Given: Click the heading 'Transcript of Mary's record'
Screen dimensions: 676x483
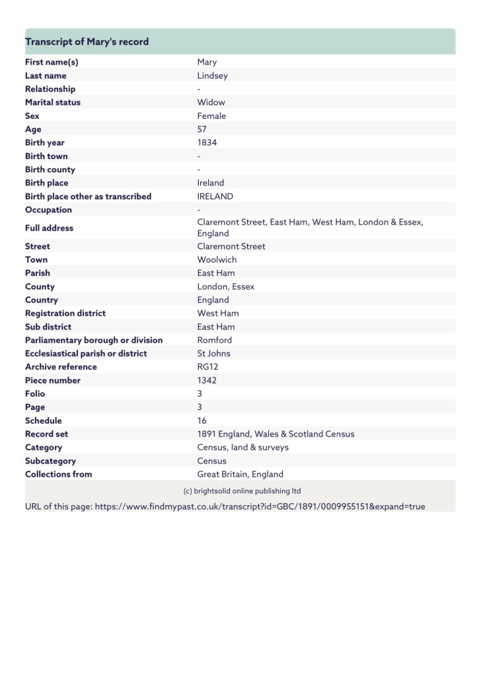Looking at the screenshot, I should pos(87,42).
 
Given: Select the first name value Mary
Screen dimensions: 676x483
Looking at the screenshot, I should pos(207,62).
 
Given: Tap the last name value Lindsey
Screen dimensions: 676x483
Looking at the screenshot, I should pos(212,75).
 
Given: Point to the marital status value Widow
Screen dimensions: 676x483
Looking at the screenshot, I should pos(211,102).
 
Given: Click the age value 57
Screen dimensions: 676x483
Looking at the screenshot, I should pos(202,129).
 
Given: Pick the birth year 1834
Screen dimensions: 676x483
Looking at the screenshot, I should pos(207,143).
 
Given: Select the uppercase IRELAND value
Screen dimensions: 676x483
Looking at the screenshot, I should pos(215,196).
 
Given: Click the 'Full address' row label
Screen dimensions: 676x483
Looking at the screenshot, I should pos(49,228).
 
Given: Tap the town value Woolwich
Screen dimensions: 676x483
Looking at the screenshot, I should pos(217,259).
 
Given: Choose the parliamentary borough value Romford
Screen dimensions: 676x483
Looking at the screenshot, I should pos(215,340).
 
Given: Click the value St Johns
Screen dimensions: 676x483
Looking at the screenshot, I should pos(213,353).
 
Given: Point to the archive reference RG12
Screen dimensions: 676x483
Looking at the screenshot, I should pos(207,367).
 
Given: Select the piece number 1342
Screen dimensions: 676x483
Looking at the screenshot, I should pos(207,380).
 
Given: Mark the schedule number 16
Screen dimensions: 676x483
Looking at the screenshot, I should pos(202,421).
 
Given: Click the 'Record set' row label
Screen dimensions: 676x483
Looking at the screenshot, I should pos(46,434).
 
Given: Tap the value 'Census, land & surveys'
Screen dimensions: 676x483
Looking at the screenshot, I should pos(242,447).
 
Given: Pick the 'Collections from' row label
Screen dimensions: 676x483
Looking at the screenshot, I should pos(58,474).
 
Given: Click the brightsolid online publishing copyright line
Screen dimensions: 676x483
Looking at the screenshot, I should pos(242,491).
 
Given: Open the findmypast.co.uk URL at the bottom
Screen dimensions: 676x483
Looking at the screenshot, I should pos(260,506).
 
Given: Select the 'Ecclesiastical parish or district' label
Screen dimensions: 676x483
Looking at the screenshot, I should pos(86,353).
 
